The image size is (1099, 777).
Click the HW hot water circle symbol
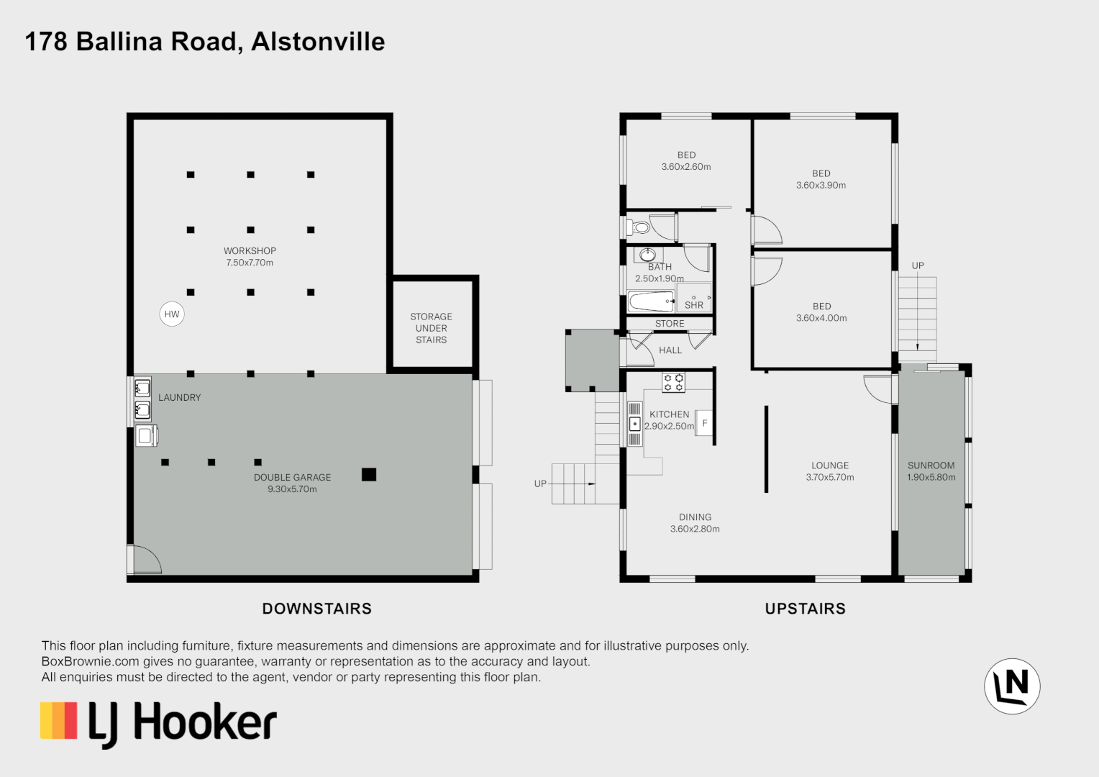pos(172,314)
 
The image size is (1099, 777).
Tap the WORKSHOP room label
pos(250,251)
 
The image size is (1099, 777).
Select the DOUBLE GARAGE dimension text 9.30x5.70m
pos(292,489)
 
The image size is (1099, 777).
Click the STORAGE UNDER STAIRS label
pos(432,328)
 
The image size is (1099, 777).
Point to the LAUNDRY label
pos(180,397)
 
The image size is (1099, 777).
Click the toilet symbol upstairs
pos(639,227)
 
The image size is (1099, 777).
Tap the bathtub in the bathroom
pos(651,300)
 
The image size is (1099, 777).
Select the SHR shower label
pos(694,305)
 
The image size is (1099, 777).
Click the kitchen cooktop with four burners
pos(674,382)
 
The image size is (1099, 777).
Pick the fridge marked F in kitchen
pos(704,423)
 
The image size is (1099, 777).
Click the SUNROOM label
pos(931,465)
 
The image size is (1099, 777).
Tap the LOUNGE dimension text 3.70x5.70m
pos(830,477)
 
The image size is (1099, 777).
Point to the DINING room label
pos(695,517)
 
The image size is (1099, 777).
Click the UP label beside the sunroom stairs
pos(918,265)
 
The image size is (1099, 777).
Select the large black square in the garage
pos(369,474)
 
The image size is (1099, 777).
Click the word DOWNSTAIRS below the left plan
pos(316,609)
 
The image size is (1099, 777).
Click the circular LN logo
pos(1012,686)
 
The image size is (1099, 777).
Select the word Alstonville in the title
pos(318,42)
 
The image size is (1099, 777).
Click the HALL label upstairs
pos(670,350)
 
